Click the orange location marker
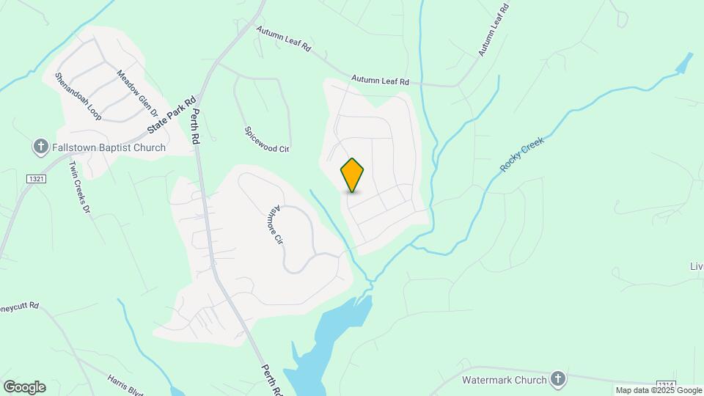(353, 175)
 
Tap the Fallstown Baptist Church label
(109, 147)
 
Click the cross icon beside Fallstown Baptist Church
(42, 147)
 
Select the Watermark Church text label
(505, 380)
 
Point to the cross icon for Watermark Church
(558, 379)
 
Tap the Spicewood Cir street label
(267, 139)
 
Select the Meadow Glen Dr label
(138, 93)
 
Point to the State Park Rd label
(172, 115)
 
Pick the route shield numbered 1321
(35, 178)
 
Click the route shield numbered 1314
(664, 384)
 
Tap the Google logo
(24, 386)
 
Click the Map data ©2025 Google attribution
(659, 391)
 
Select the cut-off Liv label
(697, 265)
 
